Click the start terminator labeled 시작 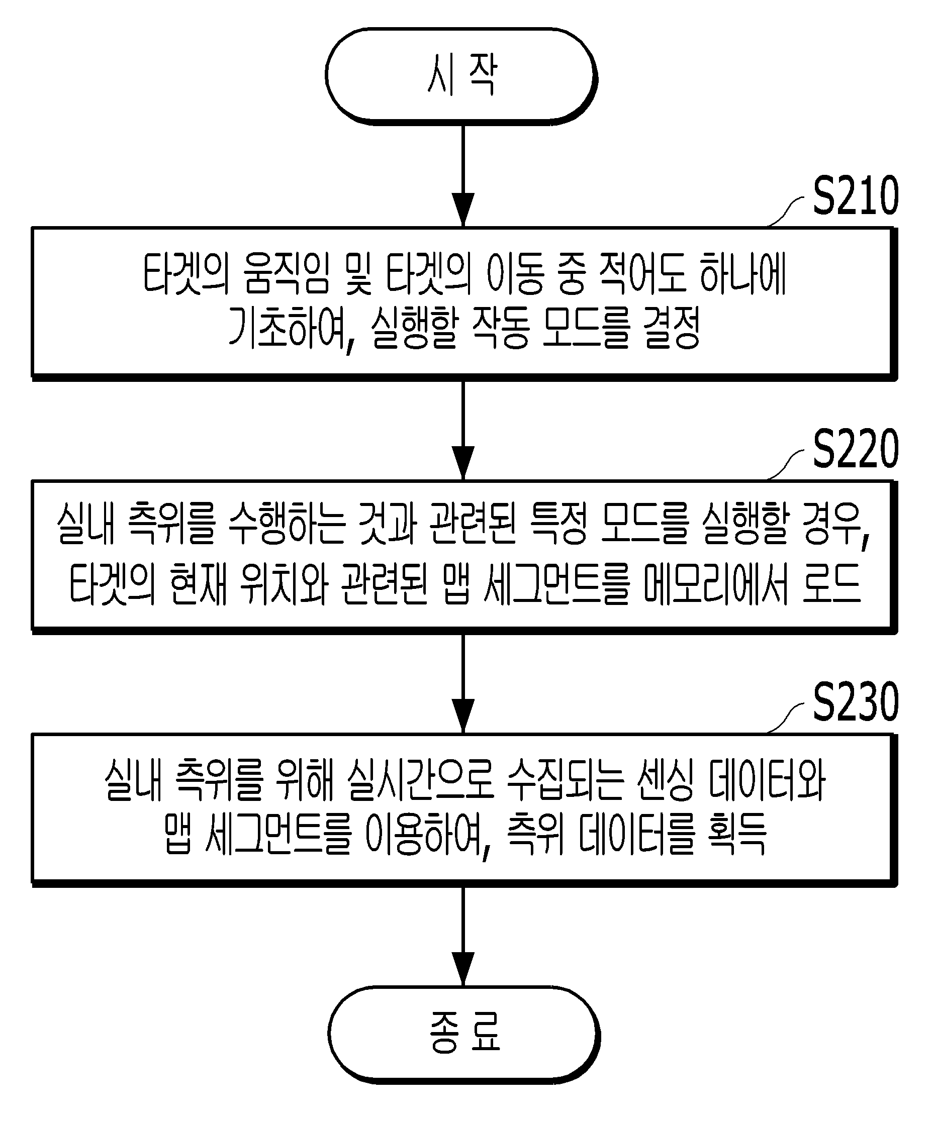pyautogui.click(x=461, y=76)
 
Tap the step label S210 pyautogui.click(x=856, y=196)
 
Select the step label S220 pyautogui.click(x=856, y=449)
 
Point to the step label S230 pyautogui.click(x=856, y=702)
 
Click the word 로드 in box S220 pyautogui.click(x=832, y=583)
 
